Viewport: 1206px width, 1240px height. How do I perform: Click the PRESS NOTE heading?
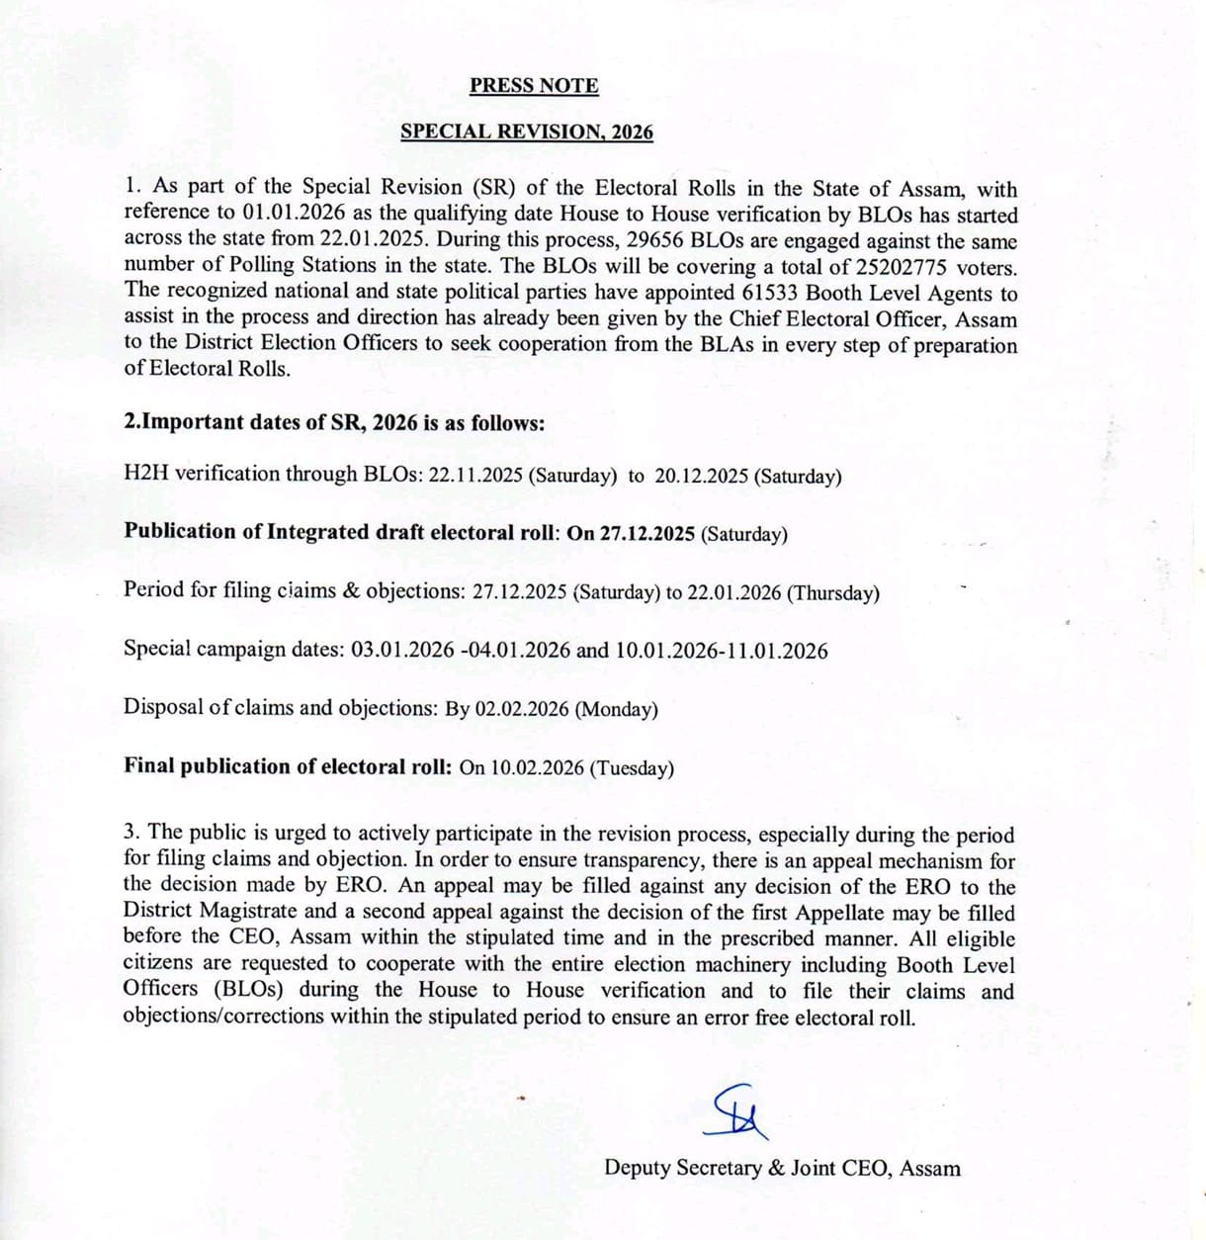(534, 86)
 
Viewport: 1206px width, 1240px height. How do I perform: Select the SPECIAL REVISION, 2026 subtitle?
(527, 133)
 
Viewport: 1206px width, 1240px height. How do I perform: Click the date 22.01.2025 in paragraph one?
(374, 239)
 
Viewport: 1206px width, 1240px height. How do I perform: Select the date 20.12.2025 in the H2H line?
(701, 476)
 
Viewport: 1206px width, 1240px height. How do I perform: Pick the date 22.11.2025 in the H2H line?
(475, 475)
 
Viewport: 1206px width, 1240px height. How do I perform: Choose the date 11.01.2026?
(777, 651)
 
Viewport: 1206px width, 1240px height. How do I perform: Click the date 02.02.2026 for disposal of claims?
(522, 709)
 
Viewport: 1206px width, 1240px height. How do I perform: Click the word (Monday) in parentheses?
(616, 709)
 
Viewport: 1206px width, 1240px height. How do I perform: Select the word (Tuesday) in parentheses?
(632, 767)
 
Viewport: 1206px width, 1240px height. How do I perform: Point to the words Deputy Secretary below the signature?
(683, 1168)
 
